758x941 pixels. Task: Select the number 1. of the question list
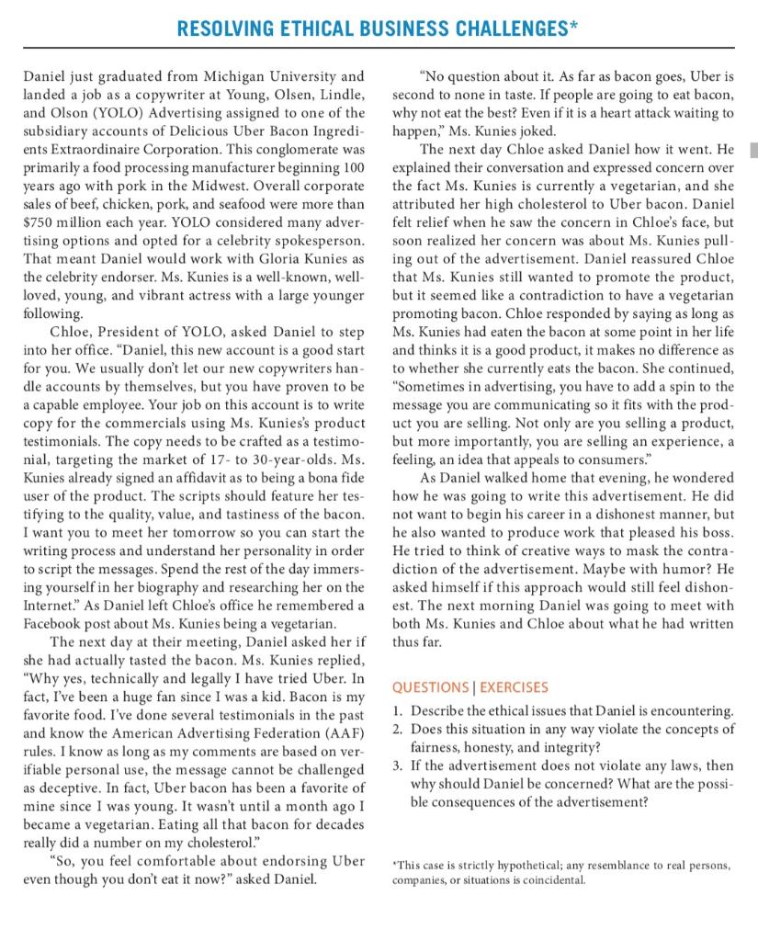pyautogui.click(x=397, y=711)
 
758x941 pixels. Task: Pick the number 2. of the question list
pyautogui.click(x=397, y=729)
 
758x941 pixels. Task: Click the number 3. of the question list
pyautogui.click(x=397, y=765)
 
